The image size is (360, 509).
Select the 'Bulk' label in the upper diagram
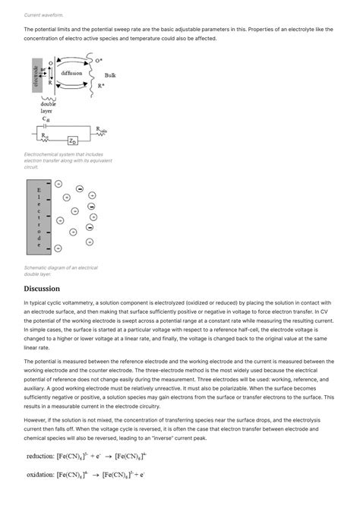click(x=110, y=75)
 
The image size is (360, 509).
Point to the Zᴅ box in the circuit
click(x=71, y=141)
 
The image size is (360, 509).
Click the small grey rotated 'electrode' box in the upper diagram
click(x=36, y=74)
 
